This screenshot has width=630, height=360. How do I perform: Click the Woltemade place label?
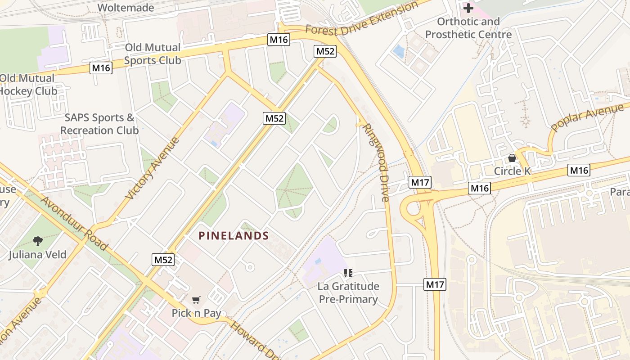point(126,8)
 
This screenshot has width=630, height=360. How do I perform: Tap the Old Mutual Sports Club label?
point(153,54)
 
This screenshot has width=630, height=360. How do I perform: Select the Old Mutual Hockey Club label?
point(28,85)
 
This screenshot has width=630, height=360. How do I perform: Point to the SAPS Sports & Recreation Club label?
point(99,124)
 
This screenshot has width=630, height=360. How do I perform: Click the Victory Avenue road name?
point(153,168)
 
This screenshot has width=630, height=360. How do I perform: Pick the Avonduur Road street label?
point(74,223)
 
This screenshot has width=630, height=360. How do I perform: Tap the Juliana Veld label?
point(37,255)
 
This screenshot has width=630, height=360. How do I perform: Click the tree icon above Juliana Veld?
point(38,241)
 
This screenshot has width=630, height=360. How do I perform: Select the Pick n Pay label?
point(196,313)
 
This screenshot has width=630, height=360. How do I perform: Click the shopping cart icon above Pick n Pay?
point(196,300)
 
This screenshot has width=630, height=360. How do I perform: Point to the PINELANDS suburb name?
point(234,236)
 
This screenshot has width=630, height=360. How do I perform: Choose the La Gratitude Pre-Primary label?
point(348,292)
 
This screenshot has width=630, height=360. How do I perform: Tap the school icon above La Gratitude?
point(348,273)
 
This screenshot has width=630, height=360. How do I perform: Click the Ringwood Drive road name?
point(376,162)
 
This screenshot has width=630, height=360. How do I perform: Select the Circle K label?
point(512,171)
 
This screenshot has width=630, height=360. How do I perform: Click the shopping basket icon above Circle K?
point(512,158)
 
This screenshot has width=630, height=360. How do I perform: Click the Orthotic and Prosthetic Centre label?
point(468,28)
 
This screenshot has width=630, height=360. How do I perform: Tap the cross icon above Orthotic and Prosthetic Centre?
point(468,8)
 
